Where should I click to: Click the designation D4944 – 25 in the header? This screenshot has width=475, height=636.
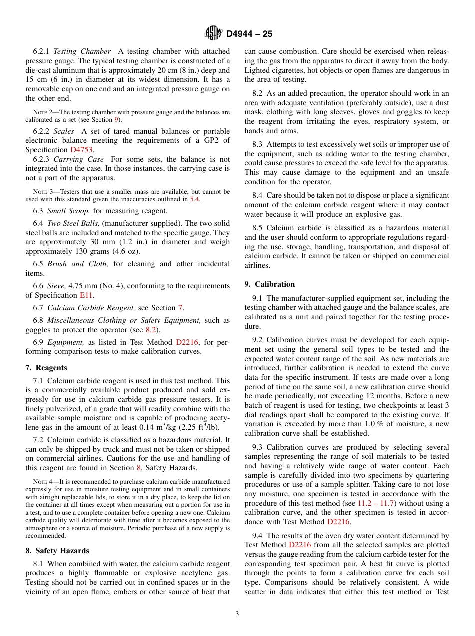pos(249,34)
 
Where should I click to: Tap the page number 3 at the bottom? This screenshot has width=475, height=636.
pos(237,614)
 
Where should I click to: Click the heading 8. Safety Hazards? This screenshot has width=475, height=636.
pos(57,551)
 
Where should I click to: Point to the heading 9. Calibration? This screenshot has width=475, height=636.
pos(270,284)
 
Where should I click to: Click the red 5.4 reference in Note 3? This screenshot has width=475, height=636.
pos(194,199)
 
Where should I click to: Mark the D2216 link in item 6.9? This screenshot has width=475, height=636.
pos(187,342)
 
